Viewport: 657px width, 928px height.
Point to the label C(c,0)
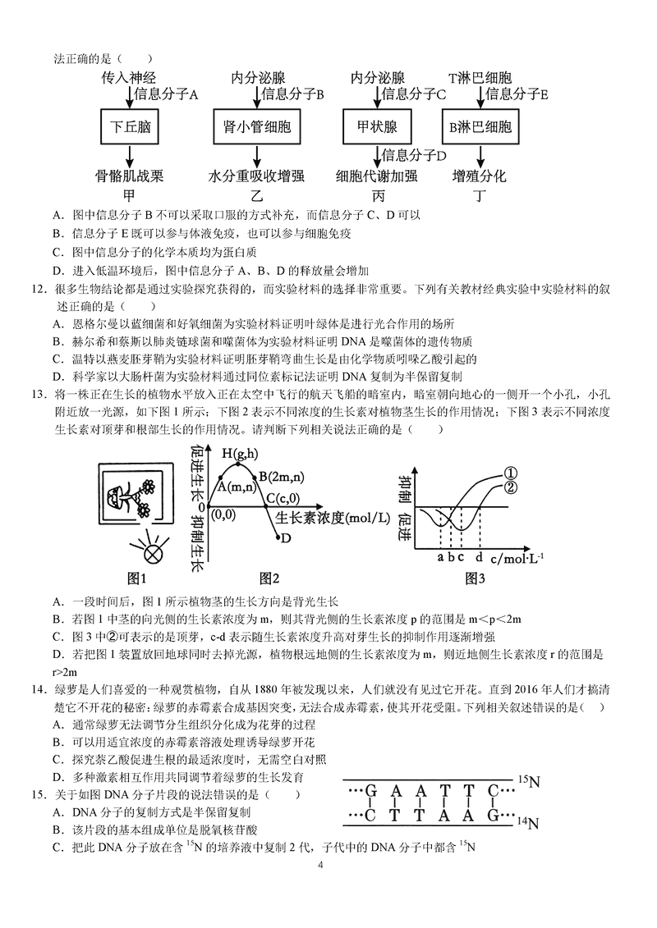click(283, 497)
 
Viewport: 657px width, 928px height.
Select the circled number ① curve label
click(509, 473)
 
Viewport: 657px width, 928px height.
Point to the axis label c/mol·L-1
click(518, 558)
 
